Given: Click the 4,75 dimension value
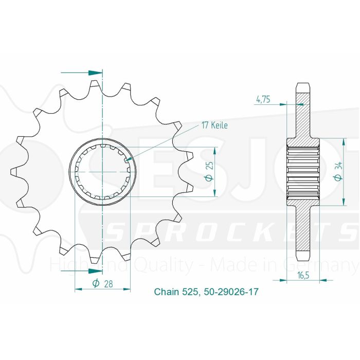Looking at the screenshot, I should [263, 99].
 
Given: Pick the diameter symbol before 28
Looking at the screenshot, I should [96, 284].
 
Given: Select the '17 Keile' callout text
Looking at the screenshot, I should [213, 125].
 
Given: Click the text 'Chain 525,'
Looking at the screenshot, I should [174, 292].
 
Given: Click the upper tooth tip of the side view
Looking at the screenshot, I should [303, 85].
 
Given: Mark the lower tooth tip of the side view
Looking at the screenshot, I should [303, 256].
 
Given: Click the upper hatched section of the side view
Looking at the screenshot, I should [303, 116].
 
